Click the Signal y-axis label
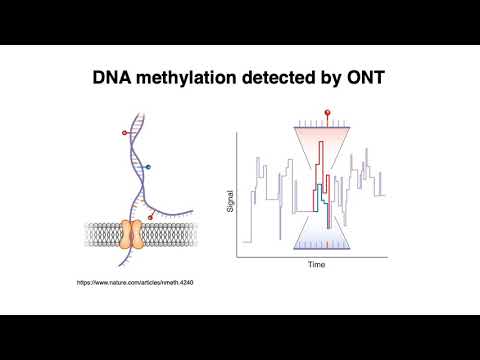coord(230,201)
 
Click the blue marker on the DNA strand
coord(148,166)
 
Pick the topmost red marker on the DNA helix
coord(124,131)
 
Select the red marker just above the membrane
coord(150,215)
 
